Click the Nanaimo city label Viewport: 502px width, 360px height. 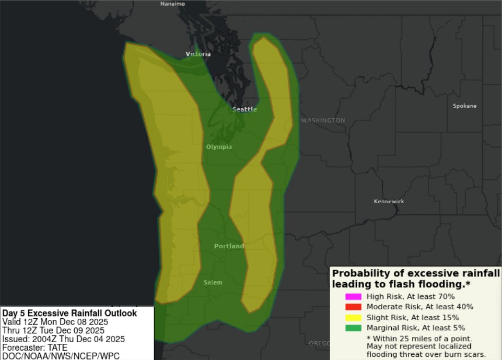172,4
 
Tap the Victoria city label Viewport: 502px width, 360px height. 199,54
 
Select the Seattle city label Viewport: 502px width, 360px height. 244,109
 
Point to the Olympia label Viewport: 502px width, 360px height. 219,147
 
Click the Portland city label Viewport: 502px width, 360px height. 229,246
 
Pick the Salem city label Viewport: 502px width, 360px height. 213,283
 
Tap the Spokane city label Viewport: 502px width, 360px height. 464,106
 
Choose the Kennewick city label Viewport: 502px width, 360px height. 389,202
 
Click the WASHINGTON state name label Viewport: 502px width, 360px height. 323,120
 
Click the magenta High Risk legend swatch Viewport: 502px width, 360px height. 353,296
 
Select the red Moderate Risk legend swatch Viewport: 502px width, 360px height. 353,307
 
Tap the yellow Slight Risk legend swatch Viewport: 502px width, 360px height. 353,317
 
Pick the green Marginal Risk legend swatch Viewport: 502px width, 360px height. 353,328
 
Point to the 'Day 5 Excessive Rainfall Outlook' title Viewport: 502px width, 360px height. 69,313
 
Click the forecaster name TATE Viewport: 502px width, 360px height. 57,347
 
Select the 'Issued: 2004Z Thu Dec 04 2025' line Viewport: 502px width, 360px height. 64,339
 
